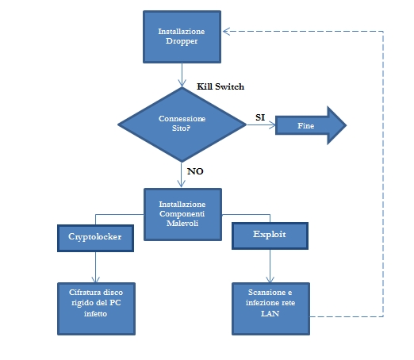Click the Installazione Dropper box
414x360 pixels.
(x=182, y=36)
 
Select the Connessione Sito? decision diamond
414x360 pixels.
(x=182, y=124)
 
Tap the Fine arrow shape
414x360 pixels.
(x=311, y=125)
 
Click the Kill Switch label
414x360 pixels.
(x=220, y=86)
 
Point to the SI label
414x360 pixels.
(x=260, y=117)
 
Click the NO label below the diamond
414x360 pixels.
(x=195, y=171)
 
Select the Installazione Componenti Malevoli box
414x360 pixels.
(x=182, y=214)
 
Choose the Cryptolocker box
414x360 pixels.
(x=95, y=238)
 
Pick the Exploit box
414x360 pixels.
(x=270, y=236)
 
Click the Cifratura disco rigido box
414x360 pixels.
(x=96, y=308)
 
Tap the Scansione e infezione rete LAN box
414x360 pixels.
(x=270, y=308)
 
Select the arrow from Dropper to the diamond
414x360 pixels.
(x=182, y=75)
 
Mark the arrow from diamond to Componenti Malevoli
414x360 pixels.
(x=182, y=174)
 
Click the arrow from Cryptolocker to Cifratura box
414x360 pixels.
(x=95, y=267)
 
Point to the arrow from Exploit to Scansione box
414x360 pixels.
(x=270, y=266)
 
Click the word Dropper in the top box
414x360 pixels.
(x=182, y=41)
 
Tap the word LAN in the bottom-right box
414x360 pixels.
(x=270, y=313)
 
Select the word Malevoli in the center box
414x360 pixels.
(x=182, y=224)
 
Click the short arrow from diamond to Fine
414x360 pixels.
(x=261, y=124)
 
